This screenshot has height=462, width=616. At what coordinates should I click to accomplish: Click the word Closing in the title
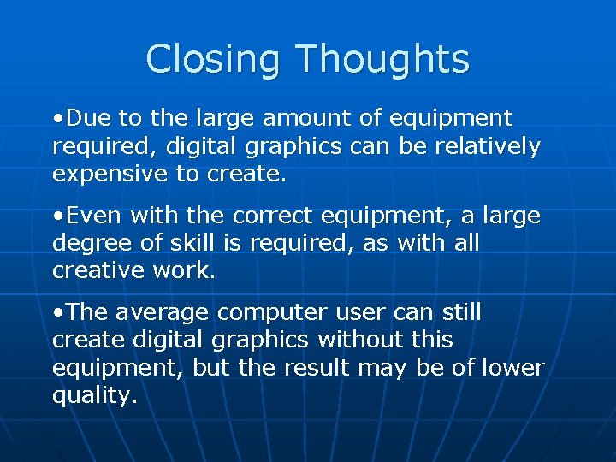(x=215, y=60)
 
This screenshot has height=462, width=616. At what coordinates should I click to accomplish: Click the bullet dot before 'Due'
(x=57, y=118)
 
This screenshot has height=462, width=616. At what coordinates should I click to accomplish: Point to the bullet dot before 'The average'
(x=57, y=313)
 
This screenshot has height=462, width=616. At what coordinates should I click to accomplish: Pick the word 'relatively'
(x=488, y=146)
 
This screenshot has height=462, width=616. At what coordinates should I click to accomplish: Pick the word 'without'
(x=359, y=341)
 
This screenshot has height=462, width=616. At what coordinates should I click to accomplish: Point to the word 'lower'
(x=512, y=368)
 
